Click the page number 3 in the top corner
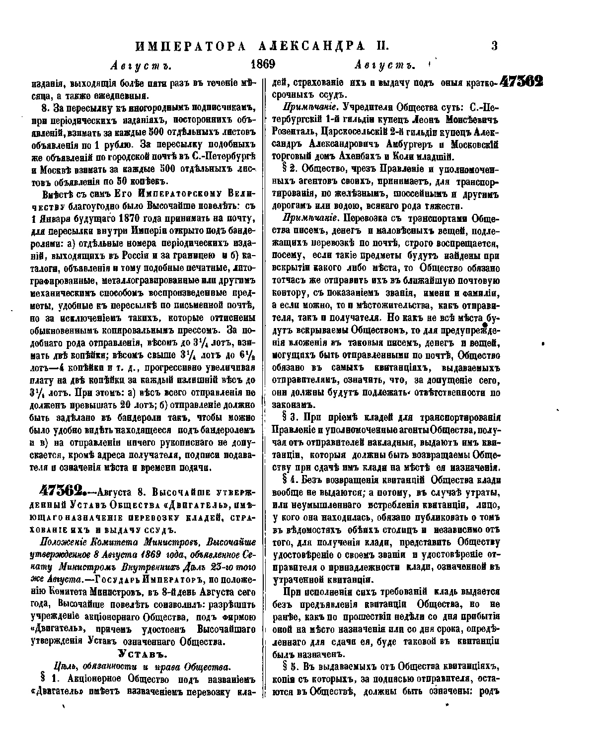coord(494,47)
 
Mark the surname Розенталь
coord(295,132)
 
